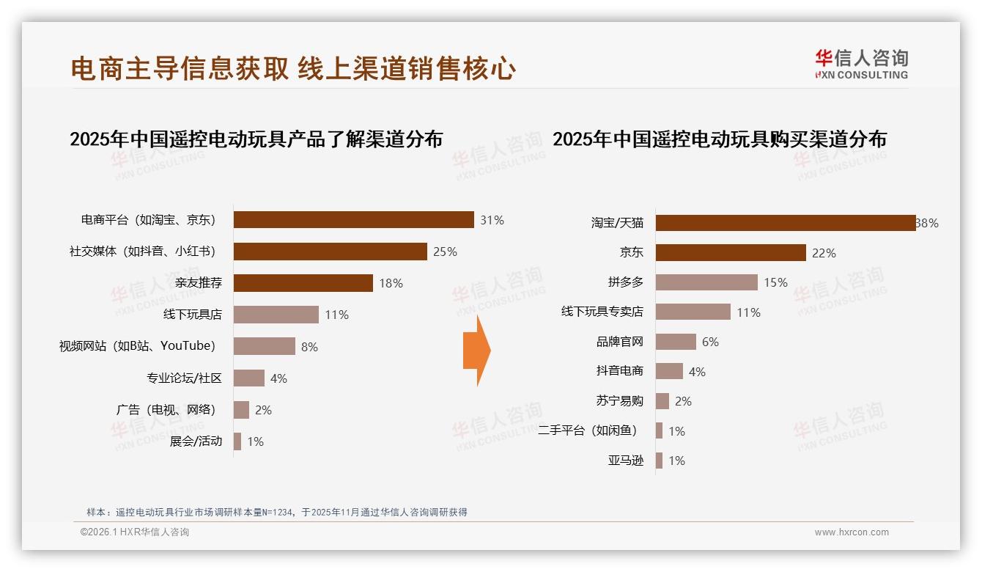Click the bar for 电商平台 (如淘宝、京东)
coord(353,220)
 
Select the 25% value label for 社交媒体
coord(445,252)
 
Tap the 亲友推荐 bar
coord(303,283)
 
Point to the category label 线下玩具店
coord(192,315)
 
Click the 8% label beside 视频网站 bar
coord(309,347)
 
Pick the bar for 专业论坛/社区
coord(249,378)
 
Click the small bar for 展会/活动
coord(237,441)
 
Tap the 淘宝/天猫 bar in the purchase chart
coord(785,223)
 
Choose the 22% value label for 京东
coord(824,253)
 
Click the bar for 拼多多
coord(706,282)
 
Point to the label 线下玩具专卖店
coord(602,312)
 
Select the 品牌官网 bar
coord(676,342)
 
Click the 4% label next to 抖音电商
coord(697,372)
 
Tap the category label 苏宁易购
coord(619,401)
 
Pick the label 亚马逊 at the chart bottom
coord(625,461)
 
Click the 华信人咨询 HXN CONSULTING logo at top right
coord(861,64)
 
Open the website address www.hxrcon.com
coord(851,532)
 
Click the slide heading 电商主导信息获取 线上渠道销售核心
coord(293,69)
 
